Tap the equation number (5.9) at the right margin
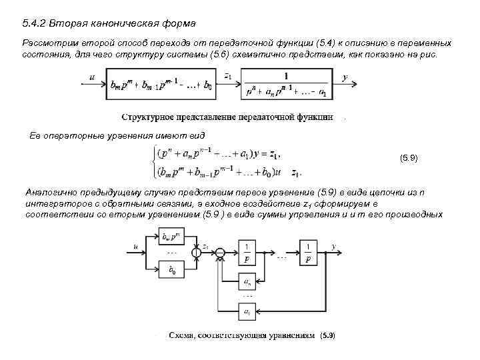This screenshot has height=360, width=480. pyautogui.click(x=408, y=158)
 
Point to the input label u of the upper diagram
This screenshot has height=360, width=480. pyautogui.click(x=91, y=77)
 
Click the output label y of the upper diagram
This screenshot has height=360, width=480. pyautogui.click(x=345, y=77)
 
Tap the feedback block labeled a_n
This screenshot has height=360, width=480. pyautogui.click(x=247, y=282)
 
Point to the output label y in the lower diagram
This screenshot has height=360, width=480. pyautogui.click(x=333, y=246)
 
